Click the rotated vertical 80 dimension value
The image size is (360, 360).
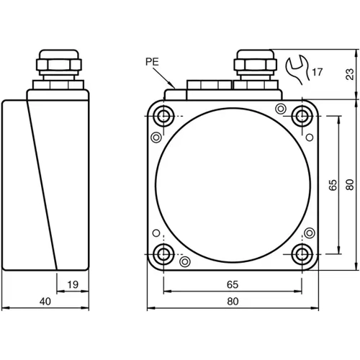pyautogui.click(x=349, y=185)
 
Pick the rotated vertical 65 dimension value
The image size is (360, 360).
pyautogui.click(x=333, y=185)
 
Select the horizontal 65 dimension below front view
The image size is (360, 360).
pyautogui.click(x=233, y=284)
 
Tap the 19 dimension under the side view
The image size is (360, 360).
pyautogui.click(x=72, y=284)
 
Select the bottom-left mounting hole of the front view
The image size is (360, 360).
pyautogui.click(x=164, y=253)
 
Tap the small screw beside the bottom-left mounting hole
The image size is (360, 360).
pyautogui.click(x=185, y=261)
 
